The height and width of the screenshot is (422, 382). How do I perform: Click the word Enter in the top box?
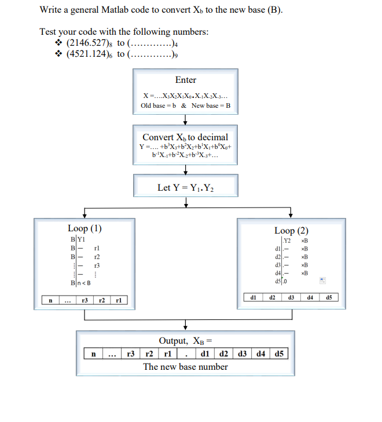point(185,80)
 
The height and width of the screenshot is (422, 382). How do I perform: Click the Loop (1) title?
point(85,228)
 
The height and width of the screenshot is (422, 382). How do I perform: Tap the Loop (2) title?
point(291,230)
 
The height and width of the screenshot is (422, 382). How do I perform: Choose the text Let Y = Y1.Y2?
point(185,187)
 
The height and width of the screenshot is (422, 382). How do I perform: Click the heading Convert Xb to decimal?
point(185,137)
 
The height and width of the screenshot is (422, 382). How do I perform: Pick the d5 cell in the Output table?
point(278,353)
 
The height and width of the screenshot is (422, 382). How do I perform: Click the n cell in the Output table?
point(93,353)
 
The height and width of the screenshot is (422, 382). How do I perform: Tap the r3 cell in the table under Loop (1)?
point(85,301)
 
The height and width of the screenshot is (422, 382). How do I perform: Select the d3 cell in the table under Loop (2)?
point(291,297)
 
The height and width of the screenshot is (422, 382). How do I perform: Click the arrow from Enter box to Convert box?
point(185,119)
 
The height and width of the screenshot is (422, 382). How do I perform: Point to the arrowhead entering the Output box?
point(185,326)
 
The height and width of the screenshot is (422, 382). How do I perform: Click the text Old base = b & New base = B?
point(185,106)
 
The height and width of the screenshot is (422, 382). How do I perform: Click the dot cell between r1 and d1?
point(185,353)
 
